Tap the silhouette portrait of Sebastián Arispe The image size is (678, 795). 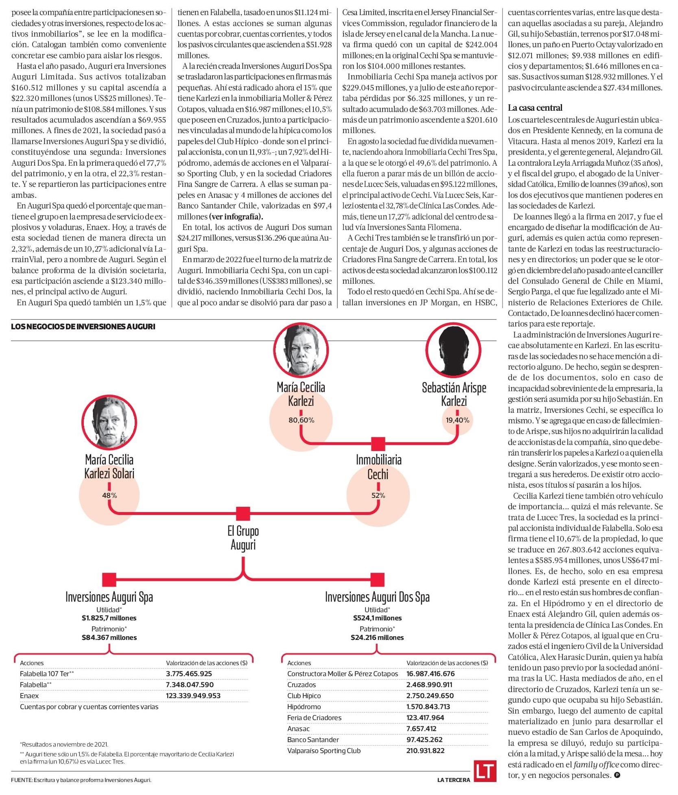454,350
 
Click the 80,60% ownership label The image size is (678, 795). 301,420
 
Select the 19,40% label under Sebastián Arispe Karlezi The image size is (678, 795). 457,420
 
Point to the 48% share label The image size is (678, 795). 109,495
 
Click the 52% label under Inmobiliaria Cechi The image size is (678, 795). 378,495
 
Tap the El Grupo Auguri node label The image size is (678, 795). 243,537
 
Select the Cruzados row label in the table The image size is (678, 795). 302,685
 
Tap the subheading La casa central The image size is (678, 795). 535,108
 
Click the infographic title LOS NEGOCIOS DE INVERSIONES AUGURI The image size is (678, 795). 83,326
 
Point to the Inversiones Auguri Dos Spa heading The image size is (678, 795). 377,597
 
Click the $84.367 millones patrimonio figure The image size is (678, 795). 109,637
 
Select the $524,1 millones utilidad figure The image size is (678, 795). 377,618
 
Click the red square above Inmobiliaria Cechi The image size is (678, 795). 378,444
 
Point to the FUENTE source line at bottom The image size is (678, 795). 81,780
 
